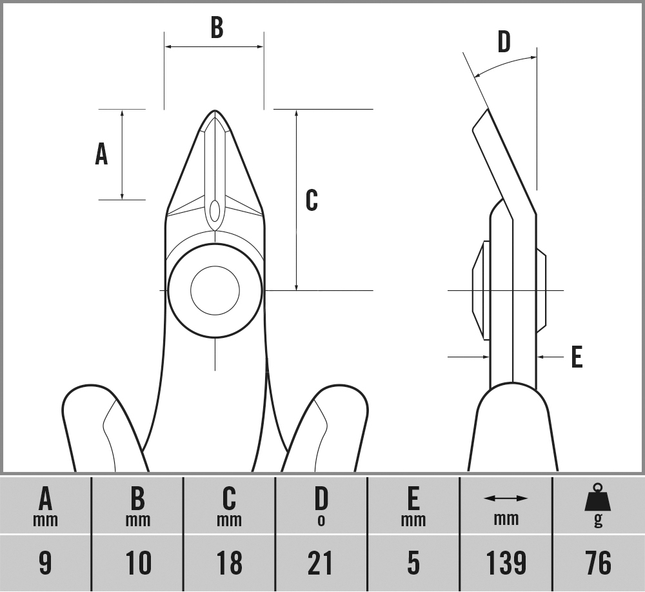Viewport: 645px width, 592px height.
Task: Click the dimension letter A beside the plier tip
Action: [101, 154]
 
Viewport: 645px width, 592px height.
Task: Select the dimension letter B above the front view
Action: [217, 28]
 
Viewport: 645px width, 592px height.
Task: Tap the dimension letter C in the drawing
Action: [312, 200]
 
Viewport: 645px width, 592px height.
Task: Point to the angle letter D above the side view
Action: [504, 42]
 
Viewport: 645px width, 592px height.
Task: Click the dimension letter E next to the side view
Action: [577, 357]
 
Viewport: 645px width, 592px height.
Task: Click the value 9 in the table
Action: [45, 563]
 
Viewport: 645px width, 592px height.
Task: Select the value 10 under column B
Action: [137, 563]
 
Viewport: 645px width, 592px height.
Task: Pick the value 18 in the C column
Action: [229, 563]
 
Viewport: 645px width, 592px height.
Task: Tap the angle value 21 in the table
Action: [321, 563]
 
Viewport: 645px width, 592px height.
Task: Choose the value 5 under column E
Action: [413, 563]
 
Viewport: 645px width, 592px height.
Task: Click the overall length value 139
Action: [506, 563]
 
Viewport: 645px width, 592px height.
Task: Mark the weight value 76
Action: [598, 563]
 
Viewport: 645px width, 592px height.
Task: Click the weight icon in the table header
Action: [598, 498]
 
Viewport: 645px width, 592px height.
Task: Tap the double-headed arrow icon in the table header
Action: [506, 498]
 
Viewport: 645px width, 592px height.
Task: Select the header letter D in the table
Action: [321, 498]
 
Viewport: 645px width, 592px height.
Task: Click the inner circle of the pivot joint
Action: [215, 290]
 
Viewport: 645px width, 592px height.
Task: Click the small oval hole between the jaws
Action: [215, 210]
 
